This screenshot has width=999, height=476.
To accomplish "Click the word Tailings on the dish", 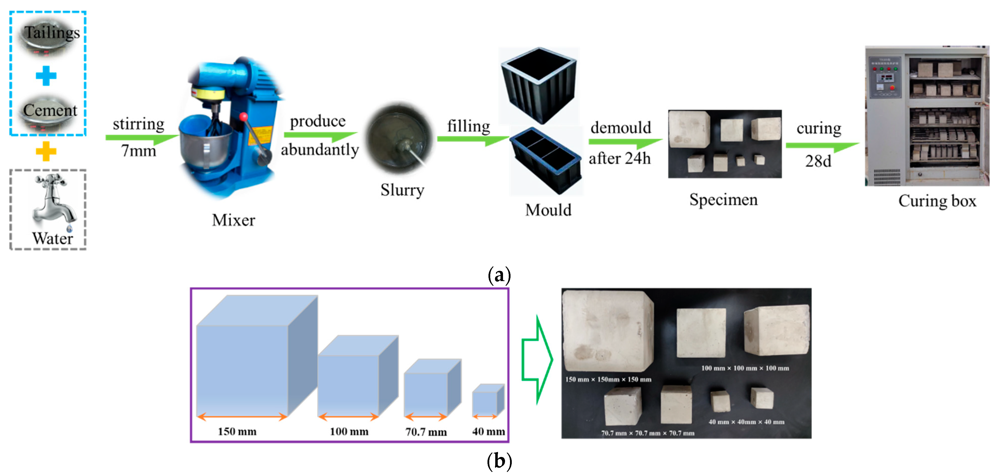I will pos(52,33).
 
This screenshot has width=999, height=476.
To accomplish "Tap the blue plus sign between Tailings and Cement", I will pos(46,76).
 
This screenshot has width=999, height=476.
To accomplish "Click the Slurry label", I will pos(402,190).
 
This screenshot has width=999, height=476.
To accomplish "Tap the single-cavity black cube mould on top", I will pos(539,85).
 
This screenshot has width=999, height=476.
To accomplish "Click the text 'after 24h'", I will pos(619,158).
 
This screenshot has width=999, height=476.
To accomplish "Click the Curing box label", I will pos(937,201).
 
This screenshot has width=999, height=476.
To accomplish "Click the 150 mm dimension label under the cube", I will pos(237,431).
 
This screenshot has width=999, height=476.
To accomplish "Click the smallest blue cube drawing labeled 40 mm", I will pos(487,401).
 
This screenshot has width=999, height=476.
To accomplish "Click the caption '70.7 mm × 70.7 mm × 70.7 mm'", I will pos(648,433).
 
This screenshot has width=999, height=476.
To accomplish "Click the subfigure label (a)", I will pos(499,275).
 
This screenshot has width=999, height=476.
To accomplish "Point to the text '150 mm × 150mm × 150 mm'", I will pos(608,379).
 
